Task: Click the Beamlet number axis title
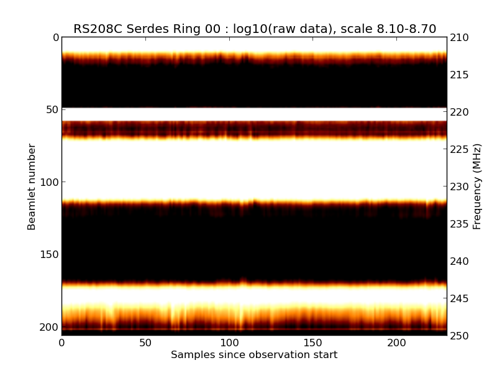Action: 32,186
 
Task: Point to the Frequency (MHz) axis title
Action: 477,186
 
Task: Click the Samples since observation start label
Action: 254,355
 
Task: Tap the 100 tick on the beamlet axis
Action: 50,182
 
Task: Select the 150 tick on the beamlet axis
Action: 50,254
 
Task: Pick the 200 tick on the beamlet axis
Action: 50,327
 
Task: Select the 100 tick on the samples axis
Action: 229,343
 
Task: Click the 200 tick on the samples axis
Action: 396,343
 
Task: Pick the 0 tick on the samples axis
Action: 62,343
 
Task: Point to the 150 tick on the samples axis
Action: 312,343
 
